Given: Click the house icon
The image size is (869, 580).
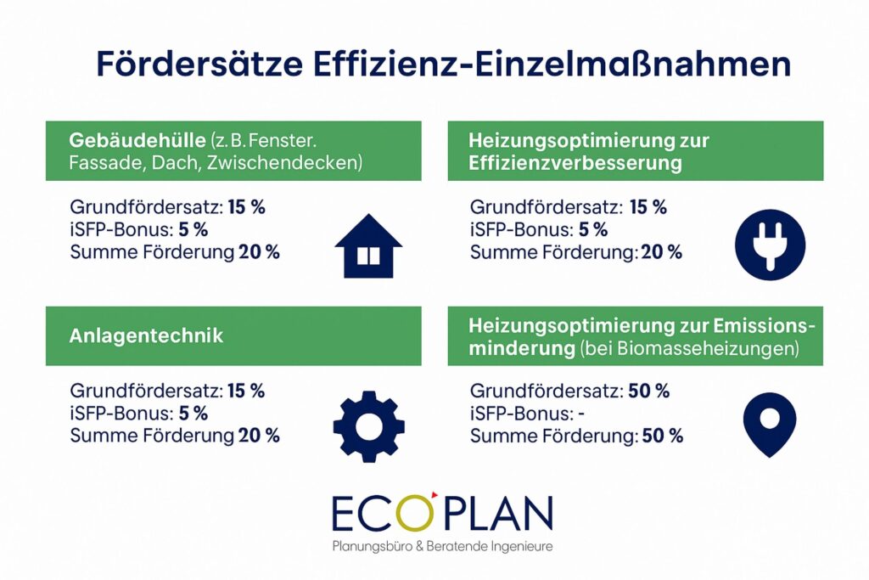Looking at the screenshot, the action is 368,247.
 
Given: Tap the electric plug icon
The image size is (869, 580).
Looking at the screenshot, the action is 770,245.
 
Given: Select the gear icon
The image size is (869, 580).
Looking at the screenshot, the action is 368,426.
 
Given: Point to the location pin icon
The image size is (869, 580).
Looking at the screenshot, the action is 769,425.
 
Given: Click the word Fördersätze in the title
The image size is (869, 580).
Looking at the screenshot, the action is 199,64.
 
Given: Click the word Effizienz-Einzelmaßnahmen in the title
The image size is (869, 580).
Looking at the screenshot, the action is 552,64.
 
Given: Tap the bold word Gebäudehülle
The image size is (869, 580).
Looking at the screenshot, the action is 137,140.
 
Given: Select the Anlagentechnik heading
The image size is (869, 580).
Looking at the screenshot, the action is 146,336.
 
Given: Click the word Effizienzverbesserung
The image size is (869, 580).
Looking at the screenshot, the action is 575,163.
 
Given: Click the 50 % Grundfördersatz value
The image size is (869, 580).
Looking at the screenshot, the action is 648,391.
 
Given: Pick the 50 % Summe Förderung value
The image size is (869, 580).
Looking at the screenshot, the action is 662,436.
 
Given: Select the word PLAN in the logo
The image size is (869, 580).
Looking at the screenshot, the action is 498,514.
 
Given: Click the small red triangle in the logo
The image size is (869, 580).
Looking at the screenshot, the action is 434,493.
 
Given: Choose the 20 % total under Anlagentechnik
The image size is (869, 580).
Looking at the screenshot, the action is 259,436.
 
